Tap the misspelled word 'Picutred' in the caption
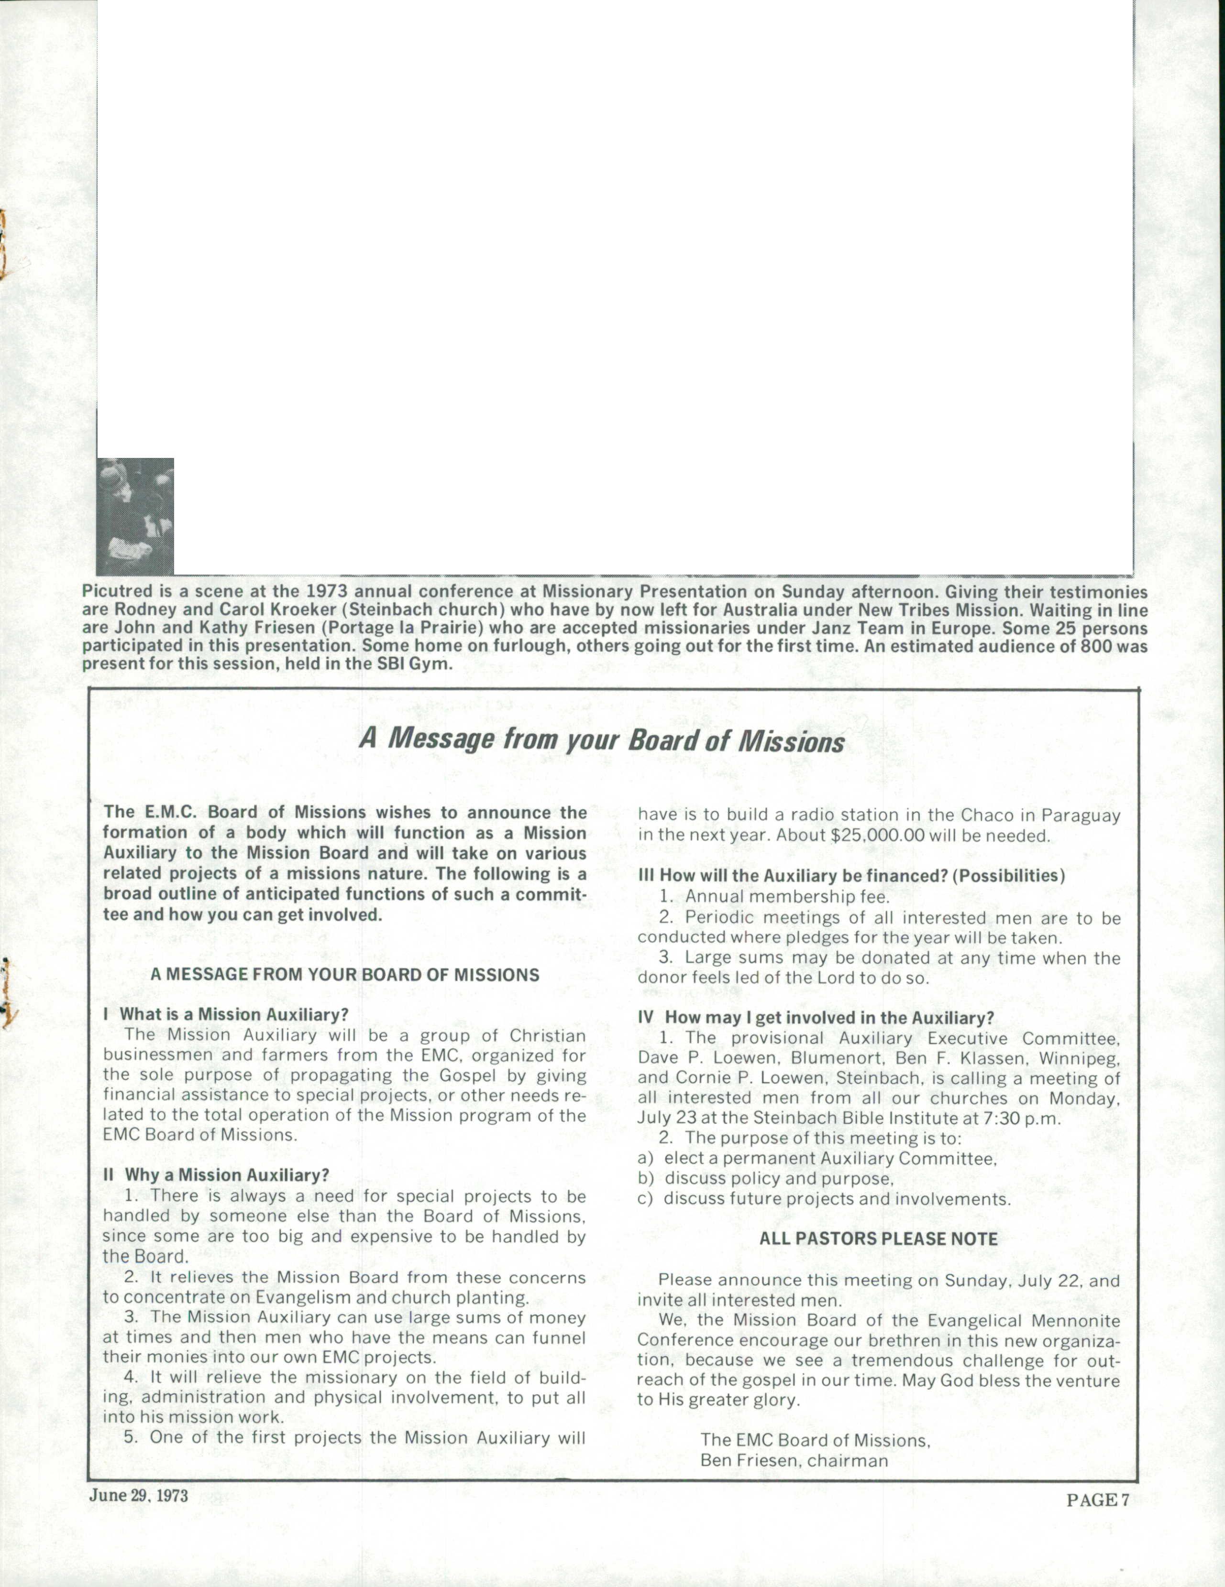[x=113, y=592]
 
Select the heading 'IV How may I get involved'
[x=816, y=1018]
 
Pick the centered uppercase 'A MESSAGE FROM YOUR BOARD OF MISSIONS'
[x=344, y=975]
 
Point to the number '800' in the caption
[x=1095, y=645]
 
